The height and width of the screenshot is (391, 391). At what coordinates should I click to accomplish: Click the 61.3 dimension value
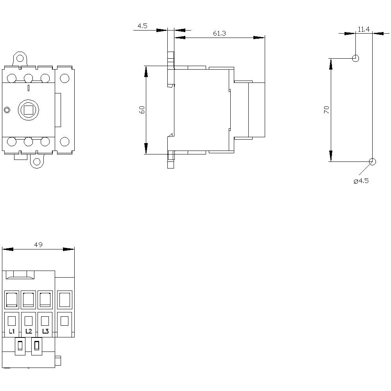coord(219,33)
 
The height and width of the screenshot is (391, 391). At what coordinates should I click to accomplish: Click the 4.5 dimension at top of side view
coord(142,26)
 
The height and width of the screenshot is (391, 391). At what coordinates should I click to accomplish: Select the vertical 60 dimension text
coord(142,110)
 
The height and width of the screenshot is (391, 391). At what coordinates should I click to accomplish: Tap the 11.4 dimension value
coord(364,29)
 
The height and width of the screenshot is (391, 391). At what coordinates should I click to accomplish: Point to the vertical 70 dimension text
coord(327,110)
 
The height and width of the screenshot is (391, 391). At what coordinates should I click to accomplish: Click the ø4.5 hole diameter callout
coord(361,181)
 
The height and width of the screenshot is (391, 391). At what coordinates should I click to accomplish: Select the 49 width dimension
coord(38,245)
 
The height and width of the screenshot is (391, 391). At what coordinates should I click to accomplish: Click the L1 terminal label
coord(12,331)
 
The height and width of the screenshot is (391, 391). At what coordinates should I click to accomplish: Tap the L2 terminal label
coord(29,331)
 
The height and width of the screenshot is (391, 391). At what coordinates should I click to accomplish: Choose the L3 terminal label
coord(45,331)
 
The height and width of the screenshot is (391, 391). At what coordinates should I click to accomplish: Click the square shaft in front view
coord(28,110)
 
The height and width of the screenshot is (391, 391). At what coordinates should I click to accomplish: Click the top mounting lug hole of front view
coord(20,59)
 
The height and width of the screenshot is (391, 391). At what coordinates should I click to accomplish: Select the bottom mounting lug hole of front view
coord(37,161)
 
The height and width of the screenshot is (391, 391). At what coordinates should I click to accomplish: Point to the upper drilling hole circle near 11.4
coord(355,59)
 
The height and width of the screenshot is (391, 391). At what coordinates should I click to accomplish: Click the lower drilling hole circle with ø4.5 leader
coord(372,161)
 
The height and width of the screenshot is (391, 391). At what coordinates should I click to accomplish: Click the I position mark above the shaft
coord(28,88)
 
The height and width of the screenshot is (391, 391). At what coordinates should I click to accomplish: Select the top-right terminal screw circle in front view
coord(65,78)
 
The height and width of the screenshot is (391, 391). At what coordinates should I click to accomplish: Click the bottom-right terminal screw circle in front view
coord(65,142)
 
